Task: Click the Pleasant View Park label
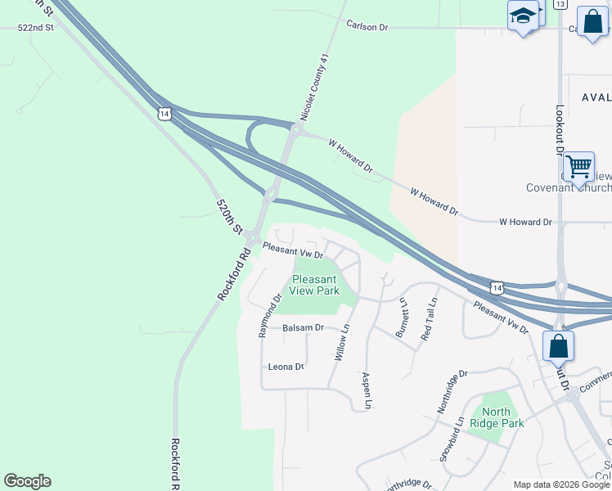[x=315, y=285]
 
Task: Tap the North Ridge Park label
[x=497, y=417]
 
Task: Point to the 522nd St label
[x=35, y=27]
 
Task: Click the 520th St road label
[x=230, y=216]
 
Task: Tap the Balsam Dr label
[x=303, y=327]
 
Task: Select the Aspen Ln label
[x=367, y=390]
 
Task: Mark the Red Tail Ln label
[x=428, y=319]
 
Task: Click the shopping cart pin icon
[x=578, y=167]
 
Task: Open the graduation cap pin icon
[x=522, y=16]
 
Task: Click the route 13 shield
[x=560, y=4]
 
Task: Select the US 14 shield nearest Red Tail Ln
[x=497, y=287]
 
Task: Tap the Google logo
[x=27, y=481]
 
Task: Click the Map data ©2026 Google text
[x=560, y=484]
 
